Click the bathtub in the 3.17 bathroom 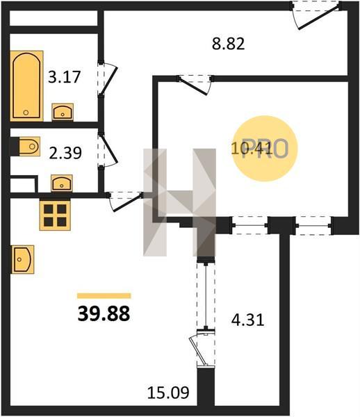pos(26,85)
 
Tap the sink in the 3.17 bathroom pos(63,112)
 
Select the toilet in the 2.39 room pos(29,146)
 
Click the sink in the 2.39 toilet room pos(62,183)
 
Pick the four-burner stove pos(55,215)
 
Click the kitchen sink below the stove pos(23,259)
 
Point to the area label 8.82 pos(228,44)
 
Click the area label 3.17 pos(64,77)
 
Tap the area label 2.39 pos(65,153)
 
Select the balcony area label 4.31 pos(247,320)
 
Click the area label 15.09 pos(168,393)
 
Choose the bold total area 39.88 pos(104,313)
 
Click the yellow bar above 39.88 pos(104,296)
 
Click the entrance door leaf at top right pos(319,16)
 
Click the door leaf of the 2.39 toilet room pos(108,148)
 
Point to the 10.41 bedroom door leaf pos(193,86)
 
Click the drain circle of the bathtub pos(26,113)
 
